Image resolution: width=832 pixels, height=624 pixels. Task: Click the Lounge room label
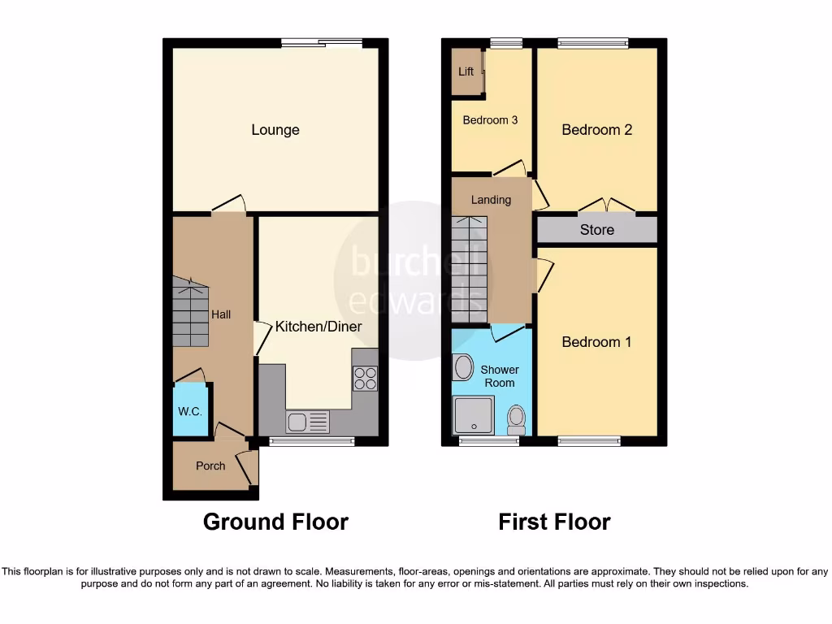point(275,130)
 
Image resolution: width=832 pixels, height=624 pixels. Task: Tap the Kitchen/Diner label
point(318,327)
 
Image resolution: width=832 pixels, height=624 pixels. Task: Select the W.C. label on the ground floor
point(190,411)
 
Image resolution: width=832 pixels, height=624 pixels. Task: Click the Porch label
point(211,466)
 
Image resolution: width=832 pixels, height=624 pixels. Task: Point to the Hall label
point(221,314)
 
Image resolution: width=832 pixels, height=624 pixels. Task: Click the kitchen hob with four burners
point(365,379)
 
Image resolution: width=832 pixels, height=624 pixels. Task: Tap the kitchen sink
point(307,422)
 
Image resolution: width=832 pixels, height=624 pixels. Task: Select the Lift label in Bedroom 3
point(466,71)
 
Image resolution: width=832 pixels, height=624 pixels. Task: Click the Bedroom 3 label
point(490,120)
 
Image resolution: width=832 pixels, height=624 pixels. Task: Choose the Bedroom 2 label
point(596,130)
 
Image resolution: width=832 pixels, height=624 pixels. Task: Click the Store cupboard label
point(596,230)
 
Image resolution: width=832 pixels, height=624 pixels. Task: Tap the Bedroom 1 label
point(596,342)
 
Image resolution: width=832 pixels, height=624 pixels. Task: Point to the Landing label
point(491,200)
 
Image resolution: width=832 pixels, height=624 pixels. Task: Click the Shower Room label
point(500,376)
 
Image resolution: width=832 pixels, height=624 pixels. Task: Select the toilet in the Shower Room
point(516,419)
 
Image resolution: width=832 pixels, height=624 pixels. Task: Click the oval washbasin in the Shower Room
point(464,367)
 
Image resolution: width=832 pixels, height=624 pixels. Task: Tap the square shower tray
point(472,415)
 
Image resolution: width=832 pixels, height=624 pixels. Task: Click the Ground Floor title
point(275,522)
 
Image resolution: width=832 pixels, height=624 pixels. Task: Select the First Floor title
point(554,522)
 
